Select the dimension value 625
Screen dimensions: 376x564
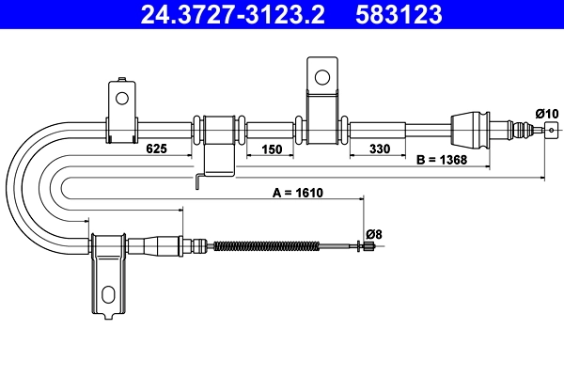click(157, 149)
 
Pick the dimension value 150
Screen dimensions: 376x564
click(271, 149)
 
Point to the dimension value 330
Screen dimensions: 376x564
click(379, 149)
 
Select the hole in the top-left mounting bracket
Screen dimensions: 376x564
click(121, 96)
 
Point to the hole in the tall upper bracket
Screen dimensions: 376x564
click(321, 75)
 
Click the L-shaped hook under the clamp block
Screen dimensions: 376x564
click(199, 180)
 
